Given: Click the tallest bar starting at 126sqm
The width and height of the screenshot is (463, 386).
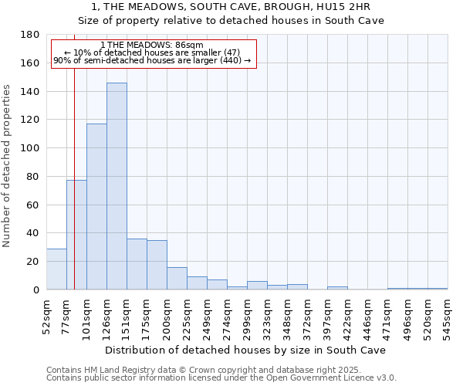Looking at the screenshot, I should click(117, 186).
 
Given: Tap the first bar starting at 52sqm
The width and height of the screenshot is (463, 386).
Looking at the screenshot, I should click(56, 269).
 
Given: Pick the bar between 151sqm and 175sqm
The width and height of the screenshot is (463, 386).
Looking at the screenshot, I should click(137, 264).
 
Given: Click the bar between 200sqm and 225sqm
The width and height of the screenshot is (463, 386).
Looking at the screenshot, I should click(177, 279).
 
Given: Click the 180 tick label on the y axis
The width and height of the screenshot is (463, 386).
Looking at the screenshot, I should click(32, 35).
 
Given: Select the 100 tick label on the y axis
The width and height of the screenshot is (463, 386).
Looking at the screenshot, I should click(32, 148).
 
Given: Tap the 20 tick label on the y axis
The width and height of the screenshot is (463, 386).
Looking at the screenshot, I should click(34, 262).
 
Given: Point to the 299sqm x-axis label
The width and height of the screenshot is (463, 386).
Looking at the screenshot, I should click(248, 314).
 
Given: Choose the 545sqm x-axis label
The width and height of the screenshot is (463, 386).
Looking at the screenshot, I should click(448, 314).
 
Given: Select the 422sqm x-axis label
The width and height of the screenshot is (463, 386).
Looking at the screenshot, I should click(348, 314).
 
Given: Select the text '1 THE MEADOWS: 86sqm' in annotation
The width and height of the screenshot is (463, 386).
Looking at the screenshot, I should click(151, 46).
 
